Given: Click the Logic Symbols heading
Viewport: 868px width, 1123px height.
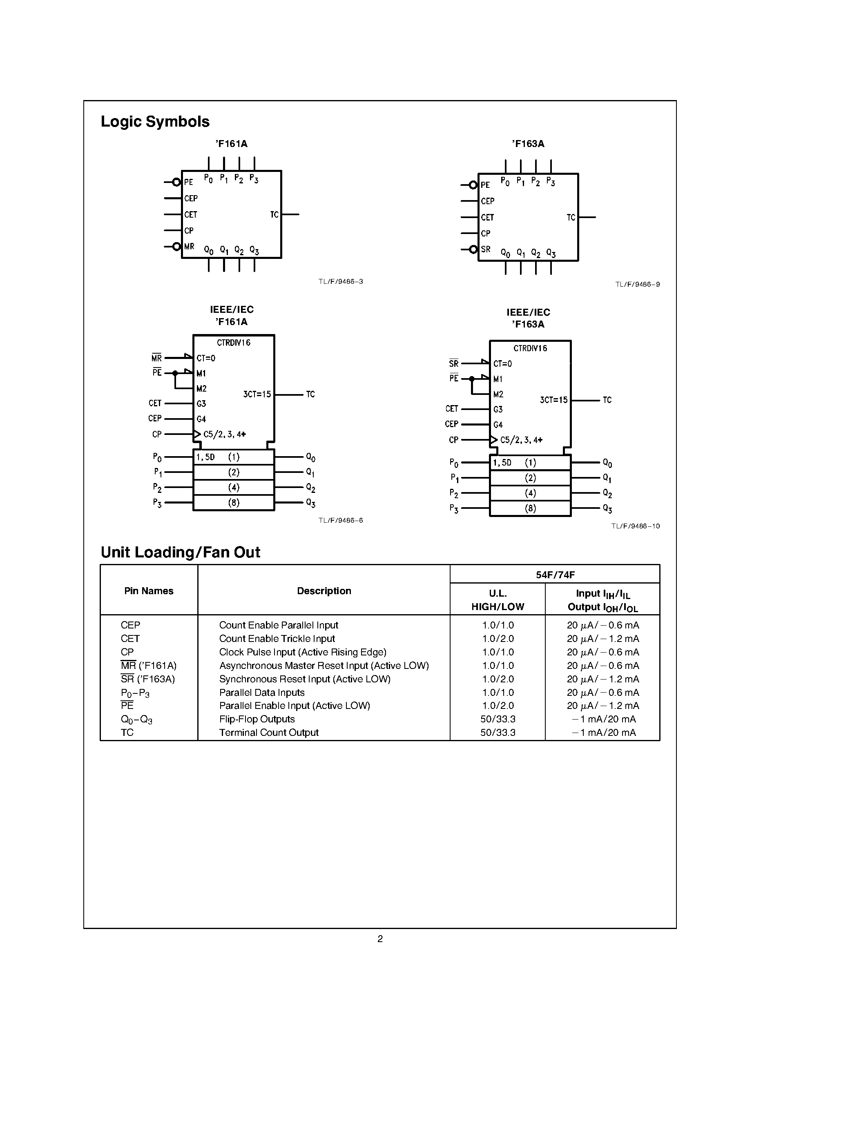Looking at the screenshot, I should [x=155, y=122].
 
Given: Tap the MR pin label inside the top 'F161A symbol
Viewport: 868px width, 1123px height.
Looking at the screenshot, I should [x=189, y=247].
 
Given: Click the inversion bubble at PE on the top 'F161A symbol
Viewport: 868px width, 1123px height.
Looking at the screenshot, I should [x=176, y=182].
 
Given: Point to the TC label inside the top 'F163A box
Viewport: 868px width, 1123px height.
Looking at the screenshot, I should [x=571, y=218].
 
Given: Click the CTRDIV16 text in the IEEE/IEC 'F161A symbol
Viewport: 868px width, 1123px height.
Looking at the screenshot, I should [x=234, y=343].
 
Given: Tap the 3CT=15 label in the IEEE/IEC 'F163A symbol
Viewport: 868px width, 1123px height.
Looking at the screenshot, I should [x=553, y=400].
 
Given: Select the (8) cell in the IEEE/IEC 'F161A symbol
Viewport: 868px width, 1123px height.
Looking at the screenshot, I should [x=234, y=503].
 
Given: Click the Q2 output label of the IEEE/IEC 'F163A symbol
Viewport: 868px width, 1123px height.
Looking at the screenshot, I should [x=607, y=494].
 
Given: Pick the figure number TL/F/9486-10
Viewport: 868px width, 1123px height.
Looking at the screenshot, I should [x=635, y=526].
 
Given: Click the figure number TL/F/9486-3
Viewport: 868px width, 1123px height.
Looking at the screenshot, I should [x=340, y=282].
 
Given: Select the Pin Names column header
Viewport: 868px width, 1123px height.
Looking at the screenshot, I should [x=149, y=591].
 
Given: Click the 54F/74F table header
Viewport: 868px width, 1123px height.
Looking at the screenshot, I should [x=555, y=575].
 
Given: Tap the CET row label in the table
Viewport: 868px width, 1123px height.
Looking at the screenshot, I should [x=130, y=639].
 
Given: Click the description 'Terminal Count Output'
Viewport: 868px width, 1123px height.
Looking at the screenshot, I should [x=269, y=733].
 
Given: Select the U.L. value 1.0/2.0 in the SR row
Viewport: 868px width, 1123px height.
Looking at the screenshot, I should [x=498, y=679].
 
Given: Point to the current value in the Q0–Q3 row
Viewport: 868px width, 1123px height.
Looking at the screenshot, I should [x=603, y=720].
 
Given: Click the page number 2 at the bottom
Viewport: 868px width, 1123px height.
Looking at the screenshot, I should [x=380, y=939].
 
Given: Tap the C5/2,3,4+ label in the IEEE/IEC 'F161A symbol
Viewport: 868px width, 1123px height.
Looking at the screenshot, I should [x=224, y=434].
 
